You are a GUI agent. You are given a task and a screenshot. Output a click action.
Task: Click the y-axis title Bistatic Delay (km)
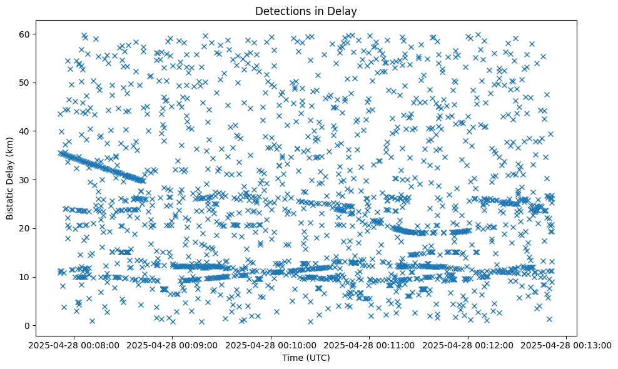10,178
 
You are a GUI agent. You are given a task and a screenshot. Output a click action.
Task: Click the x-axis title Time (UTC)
306,358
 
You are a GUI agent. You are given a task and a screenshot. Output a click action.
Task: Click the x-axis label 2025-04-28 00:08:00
74,345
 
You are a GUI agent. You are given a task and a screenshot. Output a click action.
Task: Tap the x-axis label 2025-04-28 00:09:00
173,345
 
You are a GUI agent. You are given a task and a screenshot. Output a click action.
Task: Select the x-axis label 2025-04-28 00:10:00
271,345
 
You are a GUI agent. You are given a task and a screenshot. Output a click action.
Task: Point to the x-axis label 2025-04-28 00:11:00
369,345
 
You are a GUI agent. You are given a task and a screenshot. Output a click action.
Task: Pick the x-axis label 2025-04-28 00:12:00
467,345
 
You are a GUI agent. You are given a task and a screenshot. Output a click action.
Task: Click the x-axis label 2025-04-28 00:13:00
565,345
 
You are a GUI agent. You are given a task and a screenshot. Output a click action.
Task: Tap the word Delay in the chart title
343,11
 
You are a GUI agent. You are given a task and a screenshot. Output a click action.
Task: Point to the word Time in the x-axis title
293,358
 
